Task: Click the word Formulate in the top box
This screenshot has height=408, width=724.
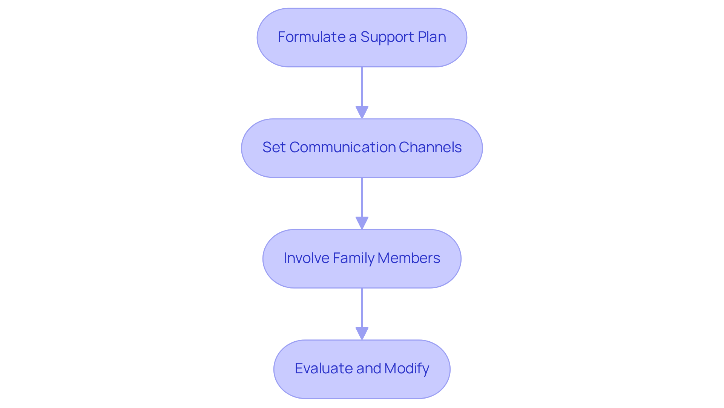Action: pos(311,37)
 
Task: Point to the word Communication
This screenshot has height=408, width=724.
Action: pos(342,147)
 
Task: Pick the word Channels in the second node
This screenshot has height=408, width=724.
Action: pos(430,147)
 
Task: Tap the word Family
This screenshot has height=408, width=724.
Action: pos(353,258)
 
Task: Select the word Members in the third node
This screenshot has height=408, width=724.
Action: pos(408,258)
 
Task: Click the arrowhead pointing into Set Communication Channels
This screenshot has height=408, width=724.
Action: pos(362,112)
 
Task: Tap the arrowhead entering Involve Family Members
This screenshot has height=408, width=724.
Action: pos(362,223)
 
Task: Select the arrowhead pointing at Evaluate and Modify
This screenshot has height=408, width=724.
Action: pos(362,333)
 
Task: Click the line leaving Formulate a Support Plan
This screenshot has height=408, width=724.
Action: pos(362,87)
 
